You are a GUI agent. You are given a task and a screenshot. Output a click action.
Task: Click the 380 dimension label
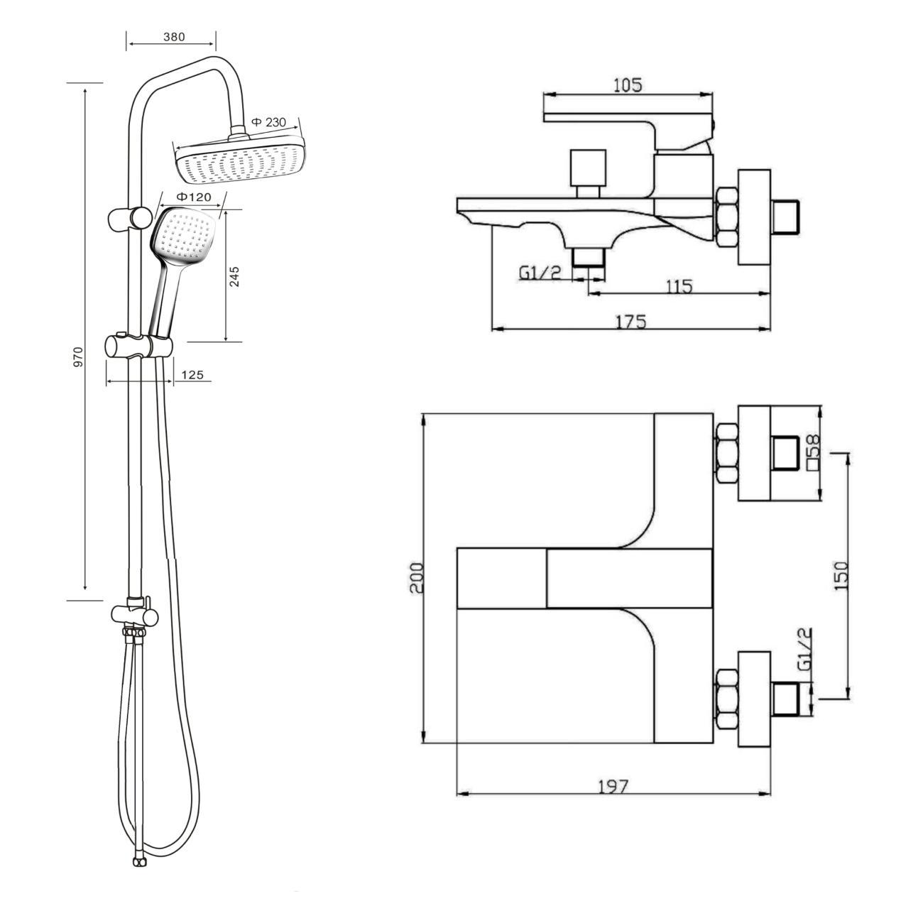[173, 37]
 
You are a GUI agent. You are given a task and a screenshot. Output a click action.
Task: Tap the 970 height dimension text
[78, 357]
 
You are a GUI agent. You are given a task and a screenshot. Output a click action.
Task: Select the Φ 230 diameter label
[268, 122]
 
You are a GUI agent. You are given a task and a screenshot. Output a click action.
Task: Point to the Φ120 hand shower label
[194, 197]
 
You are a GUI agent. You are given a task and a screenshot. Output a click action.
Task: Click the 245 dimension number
[235, 277]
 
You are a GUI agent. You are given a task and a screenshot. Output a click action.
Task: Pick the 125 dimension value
[192, 375]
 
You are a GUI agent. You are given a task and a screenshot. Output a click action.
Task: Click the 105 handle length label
[628, 85]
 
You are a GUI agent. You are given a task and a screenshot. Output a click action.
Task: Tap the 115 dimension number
[679, 286]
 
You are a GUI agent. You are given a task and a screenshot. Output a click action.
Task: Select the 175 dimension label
[631, 322]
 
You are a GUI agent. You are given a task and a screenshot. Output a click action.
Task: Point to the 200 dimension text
[417, 578]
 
